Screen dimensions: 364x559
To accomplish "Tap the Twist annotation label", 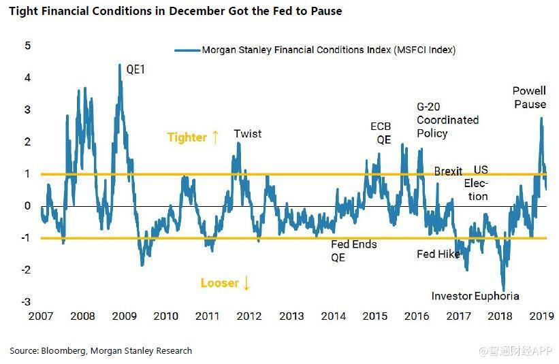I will tap(247, 133).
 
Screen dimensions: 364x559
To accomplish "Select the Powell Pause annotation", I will tap(530, 97).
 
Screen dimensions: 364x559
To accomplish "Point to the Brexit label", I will tap(448, 171).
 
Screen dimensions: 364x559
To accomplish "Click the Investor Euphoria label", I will tap(475, 296).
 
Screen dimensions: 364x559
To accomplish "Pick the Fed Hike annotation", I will tap(438, 254).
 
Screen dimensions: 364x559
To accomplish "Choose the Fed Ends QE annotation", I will tap(353, 251).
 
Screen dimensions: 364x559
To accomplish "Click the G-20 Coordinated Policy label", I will tap(447, 120).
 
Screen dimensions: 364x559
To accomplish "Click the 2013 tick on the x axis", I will tap(291, 316).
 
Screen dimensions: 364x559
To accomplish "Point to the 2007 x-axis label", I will tap(41, 316).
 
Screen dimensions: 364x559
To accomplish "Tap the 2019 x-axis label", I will tap(541, 316).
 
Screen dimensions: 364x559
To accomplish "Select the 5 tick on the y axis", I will tap(28, 46).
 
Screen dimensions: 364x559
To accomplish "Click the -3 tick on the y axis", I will tap(26, 302).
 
